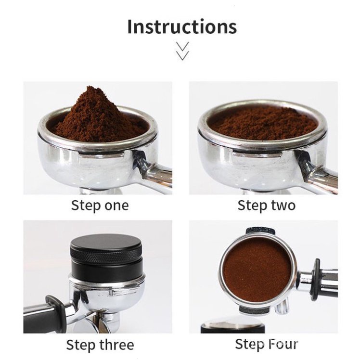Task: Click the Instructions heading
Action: (182, 27)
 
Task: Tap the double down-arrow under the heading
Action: (182, 51)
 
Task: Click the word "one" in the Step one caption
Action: (116, 206)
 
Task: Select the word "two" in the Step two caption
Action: (283, 205)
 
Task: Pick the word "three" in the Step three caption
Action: (116, 345)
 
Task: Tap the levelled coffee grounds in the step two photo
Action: (262, 123)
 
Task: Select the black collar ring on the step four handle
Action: (316, 280)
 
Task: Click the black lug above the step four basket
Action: (260, 231)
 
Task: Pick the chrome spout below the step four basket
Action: (282, 307)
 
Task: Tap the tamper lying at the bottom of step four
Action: (232, 325)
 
